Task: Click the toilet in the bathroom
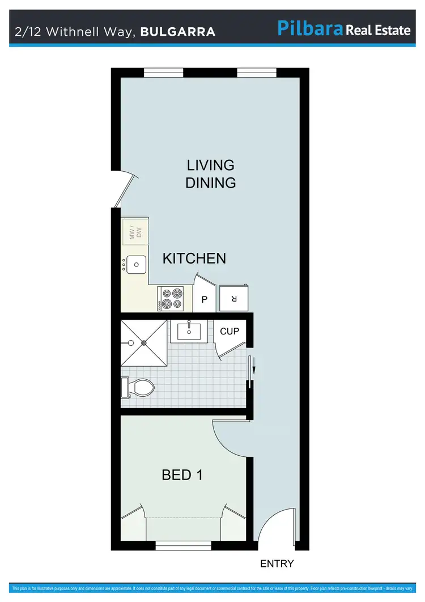139,388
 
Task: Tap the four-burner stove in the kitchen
171,298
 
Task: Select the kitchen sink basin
136,264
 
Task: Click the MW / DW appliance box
135,232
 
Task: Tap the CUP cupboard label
229,331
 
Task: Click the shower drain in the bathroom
144,343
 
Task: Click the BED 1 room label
182,475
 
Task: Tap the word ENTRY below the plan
277,563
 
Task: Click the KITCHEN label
194,258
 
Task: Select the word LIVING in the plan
211,165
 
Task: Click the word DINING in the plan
211,183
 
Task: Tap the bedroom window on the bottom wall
183,546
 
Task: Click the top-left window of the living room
159,72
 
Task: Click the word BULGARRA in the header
177,32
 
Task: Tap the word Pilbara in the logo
310,28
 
